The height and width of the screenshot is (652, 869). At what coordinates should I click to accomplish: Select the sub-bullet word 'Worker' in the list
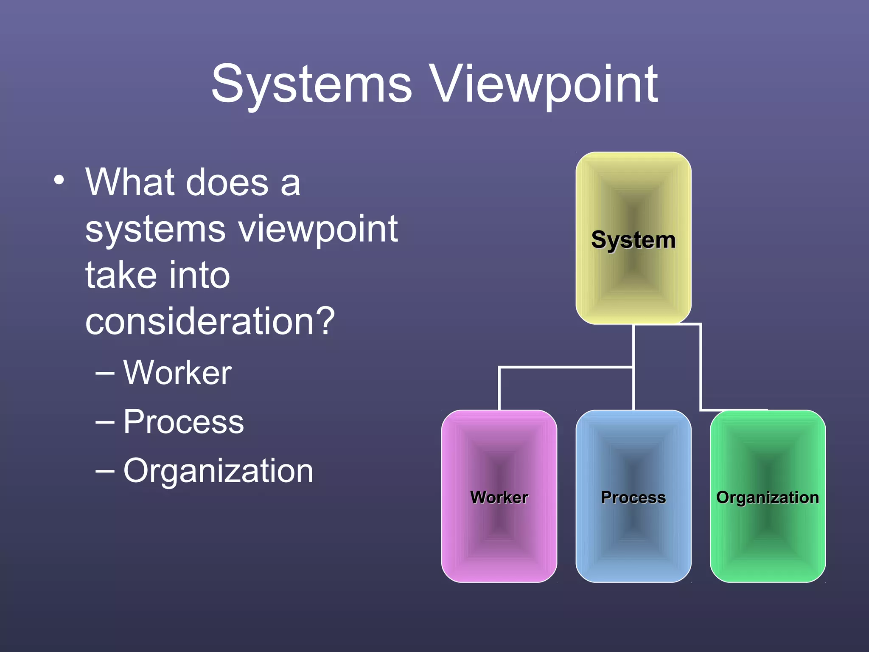(x=177, y=373)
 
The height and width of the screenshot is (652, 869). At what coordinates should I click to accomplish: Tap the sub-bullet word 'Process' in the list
(x=183, y=422)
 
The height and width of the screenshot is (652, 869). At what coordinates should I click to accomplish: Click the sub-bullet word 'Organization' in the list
(x=218, y=471)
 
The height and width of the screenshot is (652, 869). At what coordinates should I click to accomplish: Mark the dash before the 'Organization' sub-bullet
(x=105, y=471)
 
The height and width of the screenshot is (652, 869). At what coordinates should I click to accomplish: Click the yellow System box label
(x=633, y=240)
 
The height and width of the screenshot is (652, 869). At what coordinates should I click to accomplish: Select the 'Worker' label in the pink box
(x=499, y=497)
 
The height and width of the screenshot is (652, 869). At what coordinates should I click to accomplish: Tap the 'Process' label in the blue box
(x=633, y=497)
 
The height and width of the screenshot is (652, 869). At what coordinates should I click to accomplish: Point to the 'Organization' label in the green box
(x=767, y=497)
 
